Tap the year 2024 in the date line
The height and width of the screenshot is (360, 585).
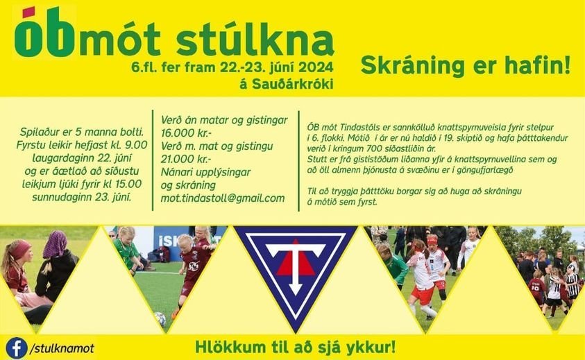[316, 68]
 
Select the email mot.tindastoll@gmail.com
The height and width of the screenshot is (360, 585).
[222, 198]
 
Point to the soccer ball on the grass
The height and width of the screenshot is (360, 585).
[160, 318]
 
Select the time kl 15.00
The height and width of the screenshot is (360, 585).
[123, 184]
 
